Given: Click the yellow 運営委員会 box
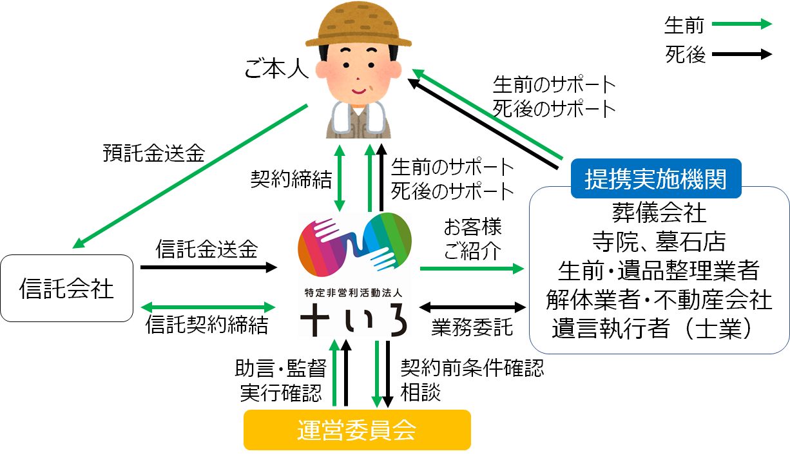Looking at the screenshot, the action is coord(357,430).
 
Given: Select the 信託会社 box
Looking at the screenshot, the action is coord(66,288).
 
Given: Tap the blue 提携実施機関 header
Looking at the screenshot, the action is coord(656,178).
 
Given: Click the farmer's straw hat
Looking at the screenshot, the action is coord(358,25).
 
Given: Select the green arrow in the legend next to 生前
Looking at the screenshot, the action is coord(742,24).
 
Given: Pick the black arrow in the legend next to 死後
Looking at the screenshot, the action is coord(742,54).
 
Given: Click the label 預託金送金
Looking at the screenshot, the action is coord(154,153).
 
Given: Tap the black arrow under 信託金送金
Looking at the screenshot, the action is coord(209,267).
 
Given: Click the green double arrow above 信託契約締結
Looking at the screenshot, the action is coord(208,307).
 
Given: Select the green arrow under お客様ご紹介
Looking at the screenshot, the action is coord(472,269).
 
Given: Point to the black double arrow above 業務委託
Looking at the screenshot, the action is coord(472,307).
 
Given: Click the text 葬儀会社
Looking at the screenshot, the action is coord(659,213).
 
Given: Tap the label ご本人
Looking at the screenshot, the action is coord(276,68).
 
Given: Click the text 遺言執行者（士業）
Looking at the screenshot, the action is coord(653,328).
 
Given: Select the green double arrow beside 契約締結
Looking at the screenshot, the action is coord(340,178).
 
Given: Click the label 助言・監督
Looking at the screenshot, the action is coord(281,368).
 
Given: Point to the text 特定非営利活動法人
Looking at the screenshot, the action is coord(353,293).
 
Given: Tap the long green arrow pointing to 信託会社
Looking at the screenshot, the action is coord(190,177).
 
